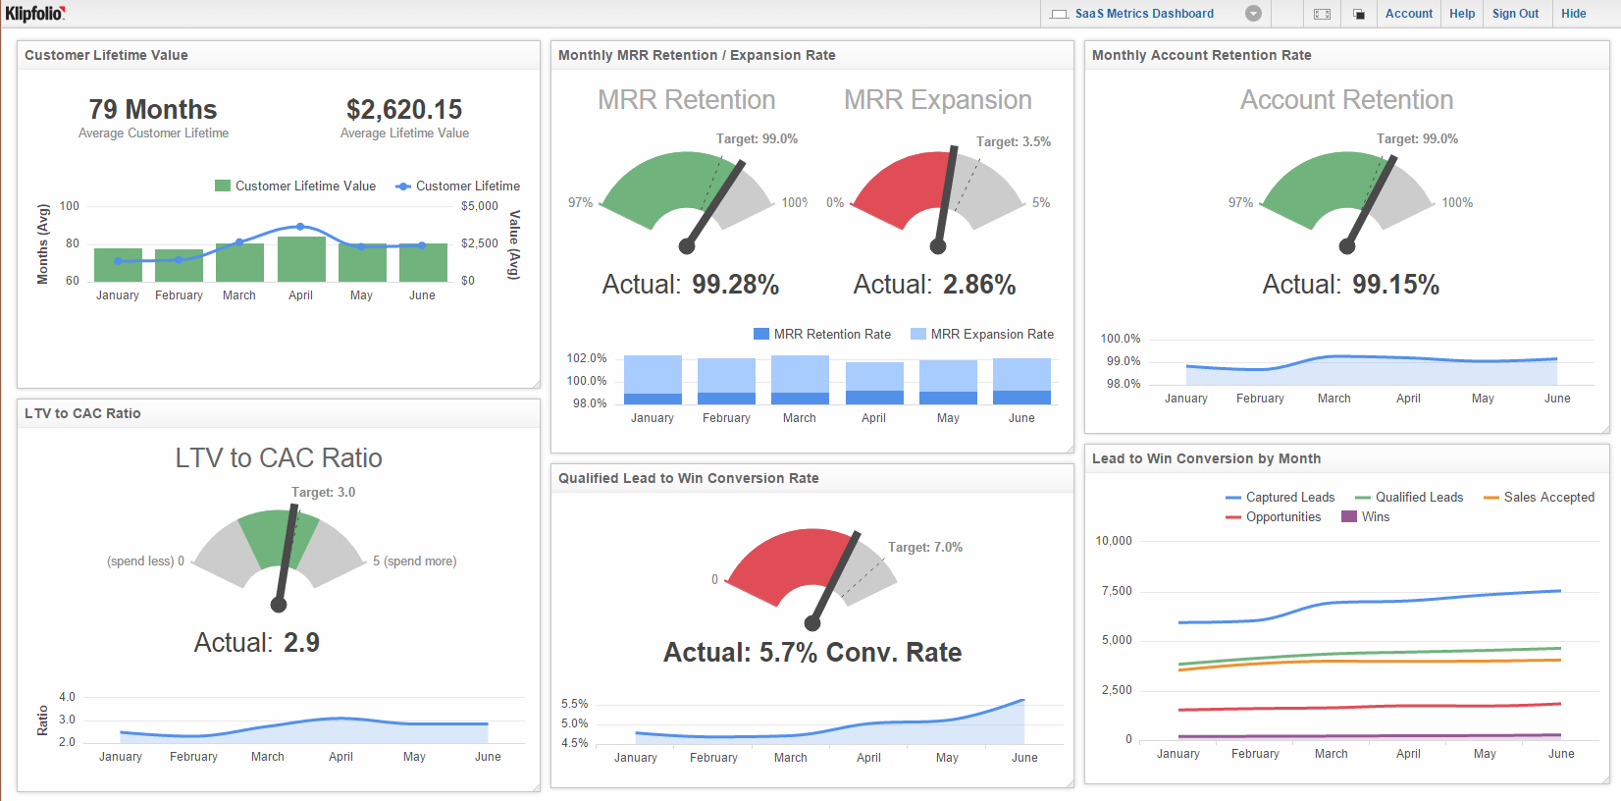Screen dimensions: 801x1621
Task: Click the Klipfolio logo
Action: click(35, 13)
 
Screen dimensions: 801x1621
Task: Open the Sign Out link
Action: click(1515, 14)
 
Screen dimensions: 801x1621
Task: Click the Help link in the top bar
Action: click(1462, 14)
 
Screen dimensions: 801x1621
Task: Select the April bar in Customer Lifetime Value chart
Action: click(301, 259)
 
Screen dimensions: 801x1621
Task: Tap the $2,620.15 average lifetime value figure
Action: click(404, 109)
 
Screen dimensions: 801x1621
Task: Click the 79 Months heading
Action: click(153, 109)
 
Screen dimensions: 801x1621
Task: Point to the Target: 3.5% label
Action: click(1013, 142)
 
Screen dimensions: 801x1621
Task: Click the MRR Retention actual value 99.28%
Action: click(735, 285)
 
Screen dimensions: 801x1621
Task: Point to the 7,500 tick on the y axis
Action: click(1117, 591)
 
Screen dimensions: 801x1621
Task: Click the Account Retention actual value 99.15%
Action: click(1395, 285)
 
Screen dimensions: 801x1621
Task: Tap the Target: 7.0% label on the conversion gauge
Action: click(924, 548)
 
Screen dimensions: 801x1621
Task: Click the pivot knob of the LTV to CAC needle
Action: click(279, 605)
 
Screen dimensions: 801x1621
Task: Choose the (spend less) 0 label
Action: click(145, 561)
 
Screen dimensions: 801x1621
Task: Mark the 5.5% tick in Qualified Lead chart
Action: click(575, 704)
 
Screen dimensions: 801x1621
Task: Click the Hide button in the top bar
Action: click(1573, 14)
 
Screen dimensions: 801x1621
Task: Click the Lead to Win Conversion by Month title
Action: click(1206, 458)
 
